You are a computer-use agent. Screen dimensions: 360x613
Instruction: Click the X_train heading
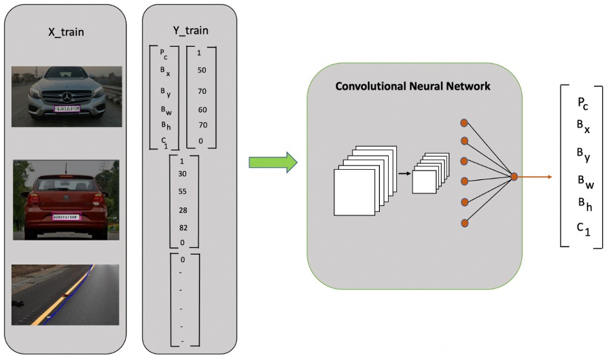point(65,31)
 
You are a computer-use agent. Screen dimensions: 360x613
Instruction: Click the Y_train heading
point(191,31)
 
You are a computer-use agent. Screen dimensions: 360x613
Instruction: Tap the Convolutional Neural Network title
point(413,86)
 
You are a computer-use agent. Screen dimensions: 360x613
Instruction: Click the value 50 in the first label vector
point(202,71)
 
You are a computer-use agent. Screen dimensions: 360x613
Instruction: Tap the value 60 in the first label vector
point(202,109)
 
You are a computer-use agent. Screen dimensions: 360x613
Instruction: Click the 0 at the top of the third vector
point(182,259)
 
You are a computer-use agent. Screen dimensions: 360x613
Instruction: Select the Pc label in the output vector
point(582,103)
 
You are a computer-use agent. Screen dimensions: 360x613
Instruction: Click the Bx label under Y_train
point(165,71)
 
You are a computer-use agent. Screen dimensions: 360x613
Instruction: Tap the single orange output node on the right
point(514,177)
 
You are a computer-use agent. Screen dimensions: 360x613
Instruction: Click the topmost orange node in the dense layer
point(464,123)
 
